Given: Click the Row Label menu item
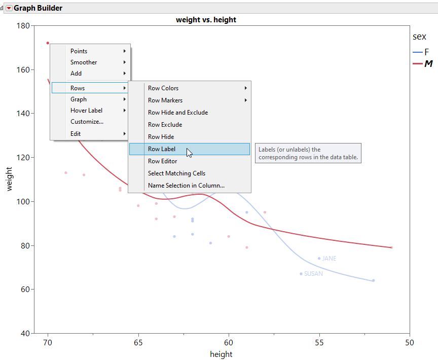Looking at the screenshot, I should click(162, 149).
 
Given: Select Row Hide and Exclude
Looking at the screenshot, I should click(177, 113).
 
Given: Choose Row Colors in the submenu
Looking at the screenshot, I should click(163, 88).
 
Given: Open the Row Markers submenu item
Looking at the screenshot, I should click(165, 100).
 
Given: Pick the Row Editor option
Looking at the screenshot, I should click(162, 161).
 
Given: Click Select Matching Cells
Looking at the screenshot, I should click(176, 173).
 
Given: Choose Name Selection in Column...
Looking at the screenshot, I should click(186, 186).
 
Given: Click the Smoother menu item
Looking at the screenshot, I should click(84, 62).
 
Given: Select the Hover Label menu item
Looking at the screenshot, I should click(86, 111).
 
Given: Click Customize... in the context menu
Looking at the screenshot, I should click(87, 122).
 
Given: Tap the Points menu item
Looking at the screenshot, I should click(79, 51).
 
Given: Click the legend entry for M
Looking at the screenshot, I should click(428, 64).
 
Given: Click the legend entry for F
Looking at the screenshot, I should click(426, 52).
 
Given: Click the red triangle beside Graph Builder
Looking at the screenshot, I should click(9, 8).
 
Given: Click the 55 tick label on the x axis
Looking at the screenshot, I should click(319, 343).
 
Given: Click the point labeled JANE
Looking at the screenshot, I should click(319, 259).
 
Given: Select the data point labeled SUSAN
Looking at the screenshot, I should click(301, 274).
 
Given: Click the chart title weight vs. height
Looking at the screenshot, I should click(206, 20).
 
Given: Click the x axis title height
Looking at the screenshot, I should click(221, 354).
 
